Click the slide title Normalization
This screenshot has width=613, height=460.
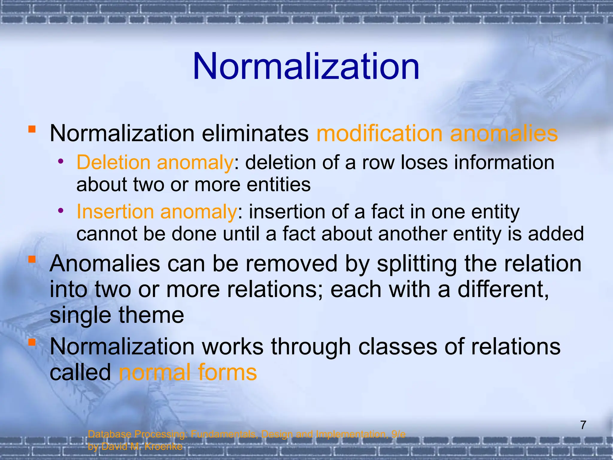click(306, 66)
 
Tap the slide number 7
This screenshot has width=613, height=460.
click(583, 425)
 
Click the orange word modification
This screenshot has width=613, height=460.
click(379, 134)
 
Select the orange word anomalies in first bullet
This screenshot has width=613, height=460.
click(504, 134)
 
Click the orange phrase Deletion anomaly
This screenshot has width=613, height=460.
click(155, 163)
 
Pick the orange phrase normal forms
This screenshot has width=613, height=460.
click(188, 372)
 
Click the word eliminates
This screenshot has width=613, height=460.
click(255, 134)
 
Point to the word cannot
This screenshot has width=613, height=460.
click(107, 234)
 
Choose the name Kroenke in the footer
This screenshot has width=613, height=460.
click(163, 447)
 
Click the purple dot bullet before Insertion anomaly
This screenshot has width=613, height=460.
click(61, 211)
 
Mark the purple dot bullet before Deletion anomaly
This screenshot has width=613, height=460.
click(61, 161)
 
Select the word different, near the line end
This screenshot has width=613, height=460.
click(503, 290)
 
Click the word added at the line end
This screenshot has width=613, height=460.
click(556, 234)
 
